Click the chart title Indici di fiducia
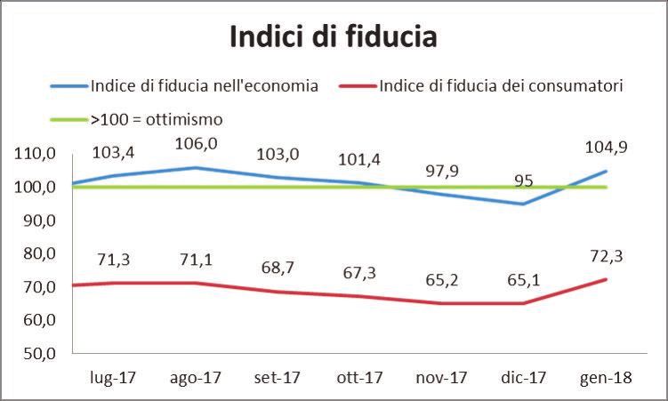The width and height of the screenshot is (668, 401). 334,38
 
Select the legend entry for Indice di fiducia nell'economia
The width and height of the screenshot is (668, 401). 203,86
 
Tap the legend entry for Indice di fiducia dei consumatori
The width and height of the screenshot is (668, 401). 499,86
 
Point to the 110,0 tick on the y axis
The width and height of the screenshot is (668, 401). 36,154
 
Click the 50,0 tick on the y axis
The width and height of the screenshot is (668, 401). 36,353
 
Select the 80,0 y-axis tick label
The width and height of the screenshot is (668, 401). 36,253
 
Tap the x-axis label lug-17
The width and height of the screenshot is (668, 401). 113,377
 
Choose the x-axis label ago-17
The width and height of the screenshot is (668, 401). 195,377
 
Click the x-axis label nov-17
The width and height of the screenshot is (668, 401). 441,377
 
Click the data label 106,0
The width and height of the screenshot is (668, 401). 197,143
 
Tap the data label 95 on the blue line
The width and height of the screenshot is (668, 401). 524,180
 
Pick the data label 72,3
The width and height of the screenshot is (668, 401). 606,258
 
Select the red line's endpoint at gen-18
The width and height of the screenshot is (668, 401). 606,279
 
